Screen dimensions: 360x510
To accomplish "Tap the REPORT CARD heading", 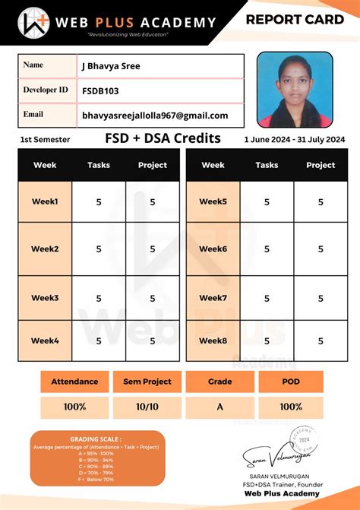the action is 295,20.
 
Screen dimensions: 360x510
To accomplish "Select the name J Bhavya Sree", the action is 111,66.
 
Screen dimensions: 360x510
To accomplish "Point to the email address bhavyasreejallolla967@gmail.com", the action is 155,116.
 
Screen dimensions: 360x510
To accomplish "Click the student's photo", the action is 295,89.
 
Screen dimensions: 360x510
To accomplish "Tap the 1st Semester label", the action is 45,140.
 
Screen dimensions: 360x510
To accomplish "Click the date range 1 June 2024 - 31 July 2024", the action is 295,140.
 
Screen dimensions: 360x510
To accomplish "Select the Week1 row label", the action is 45,202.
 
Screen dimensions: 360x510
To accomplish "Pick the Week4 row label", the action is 45,341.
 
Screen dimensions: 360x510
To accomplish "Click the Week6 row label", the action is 213,249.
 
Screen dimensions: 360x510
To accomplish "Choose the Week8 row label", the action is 213,341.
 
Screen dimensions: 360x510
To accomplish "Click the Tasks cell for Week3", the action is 99,298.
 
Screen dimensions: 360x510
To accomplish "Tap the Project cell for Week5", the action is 321,202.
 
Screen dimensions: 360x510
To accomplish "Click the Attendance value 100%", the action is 74,407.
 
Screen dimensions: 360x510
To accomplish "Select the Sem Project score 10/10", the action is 147,407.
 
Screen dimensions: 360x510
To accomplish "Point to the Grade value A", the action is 220,407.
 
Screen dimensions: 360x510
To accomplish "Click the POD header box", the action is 291,382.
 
